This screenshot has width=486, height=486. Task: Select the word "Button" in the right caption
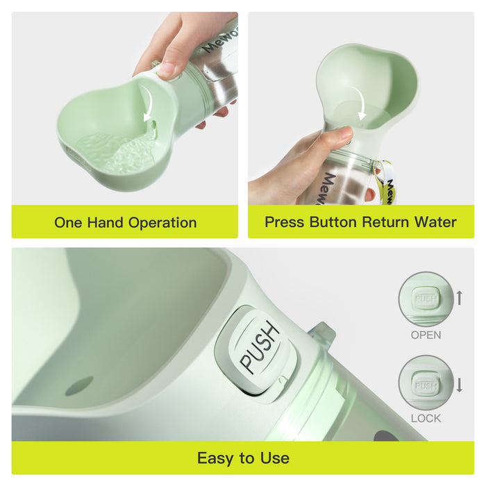click(x=331, y=222)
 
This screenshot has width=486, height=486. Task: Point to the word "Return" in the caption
click(x=385, y=222)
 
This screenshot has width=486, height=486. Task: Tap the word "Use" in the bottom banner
click(x=275, y=458)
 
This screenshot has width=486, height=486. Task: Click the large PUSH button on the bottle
click(x=259, y=346)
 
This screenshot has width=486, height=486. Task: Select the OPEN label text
click(x=426, y=335)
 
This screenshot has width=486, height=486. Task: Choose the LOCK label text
click(x=426, y=418)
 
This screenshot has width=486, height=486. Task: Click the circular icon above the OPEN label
click(x=426, y=299)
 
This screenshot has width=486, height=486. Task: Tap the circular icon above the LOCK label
click(x=426, y=383)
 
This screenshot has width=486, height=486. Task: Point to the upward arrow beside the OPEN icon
click(x=459, y=299)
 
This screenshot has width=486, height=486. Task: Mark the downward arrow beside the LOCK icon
click(x=459, y=383)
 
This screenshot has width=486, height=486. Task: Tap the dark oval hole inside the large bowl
click(x=79, y=385)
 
